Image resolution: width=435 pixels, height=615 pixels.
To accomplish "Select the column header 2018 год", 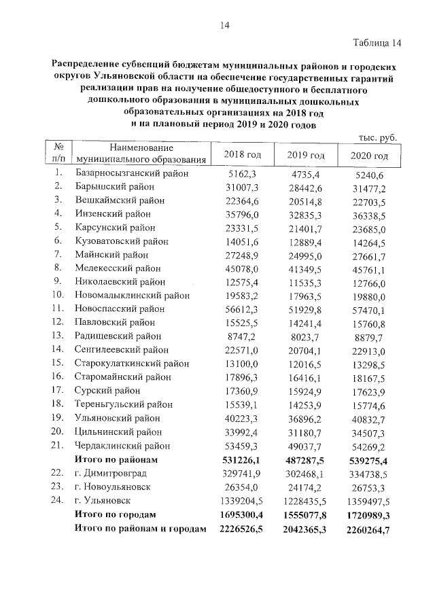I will point(243,156).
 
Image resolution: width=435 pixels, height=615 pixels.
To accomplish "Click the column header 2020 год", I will point(369,156).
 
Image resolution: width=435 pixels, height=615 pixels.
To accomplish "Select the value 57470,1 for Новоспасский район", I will point(370,309).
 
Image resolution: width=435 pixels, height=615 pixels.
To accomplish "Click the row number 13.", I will point(57,336).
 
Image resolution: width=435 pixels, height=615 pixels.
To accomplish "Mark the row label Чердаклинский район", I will point(122,446).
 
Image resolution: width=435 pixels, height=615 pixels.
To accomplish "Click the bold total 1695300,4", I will point(239,514).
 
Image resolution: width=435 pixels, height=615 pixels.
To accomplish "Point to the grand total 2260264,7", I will point(367,529).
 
